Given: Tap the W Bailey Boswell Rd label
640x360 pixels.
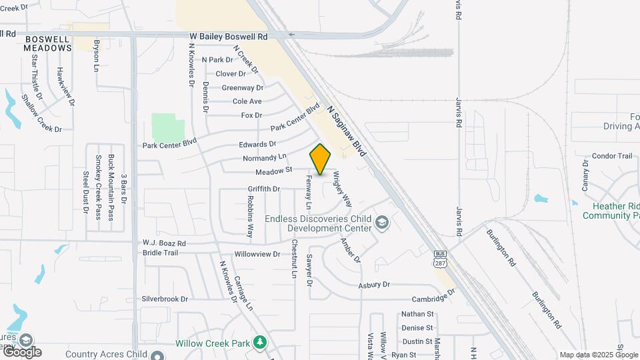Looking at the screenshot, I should pos(228,36).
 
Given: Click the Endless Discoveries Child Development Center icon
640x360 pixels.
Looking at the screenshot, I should pos(382,221).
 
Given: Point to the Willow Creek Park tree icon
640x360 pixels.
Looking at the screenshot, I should pos(260,343).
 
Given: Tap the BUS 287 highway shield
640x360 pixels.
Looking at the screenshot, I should pos(439,257).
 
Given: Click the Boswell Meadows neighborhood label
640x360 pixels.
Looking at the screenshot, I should pos(47,44).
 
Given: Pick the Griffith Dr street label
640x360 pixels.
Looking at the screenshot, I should pos(264,189).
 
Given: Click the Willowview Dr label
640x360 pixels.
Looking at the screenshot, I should pos(257,254).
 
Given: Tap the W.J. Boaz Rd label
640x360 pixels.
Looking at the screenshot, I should pos(164,243).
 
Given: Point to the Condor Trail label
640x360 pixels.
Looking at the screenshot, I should pos(611,156).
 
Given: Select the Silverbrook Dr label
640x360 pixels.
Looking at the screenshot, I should pos(165,299).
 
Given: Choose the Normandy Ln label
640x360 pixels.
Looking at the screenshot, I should pos(265,158).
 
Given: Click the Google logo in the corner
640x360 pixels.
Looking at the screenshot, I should pos(21,351).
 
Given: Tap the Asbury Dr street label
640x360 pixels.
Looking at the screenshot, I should pos(373,285).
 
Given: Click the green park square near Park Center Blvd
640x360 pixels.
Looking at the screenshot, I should pos(167,127).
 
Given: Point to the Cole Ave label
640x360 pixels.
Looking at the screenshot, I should pos(247,101).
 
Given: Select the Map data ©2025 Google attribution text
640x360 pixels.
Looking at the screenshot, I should pos(599,355).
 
